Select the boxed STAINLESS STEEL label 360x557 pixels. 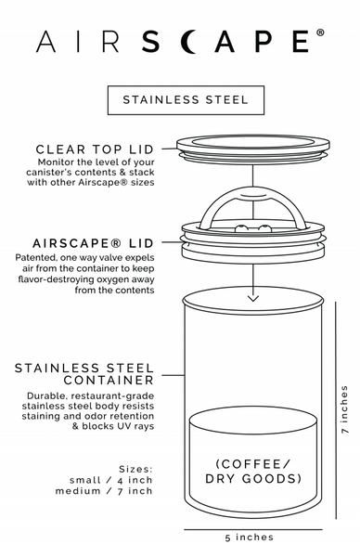tap(180, 100)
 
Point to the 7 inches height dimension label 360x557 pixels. tap(344, 410)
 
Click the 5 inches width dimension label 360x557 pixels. tap(249, 538)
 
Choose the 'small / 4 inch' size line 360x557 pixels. tap(109, 479)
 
